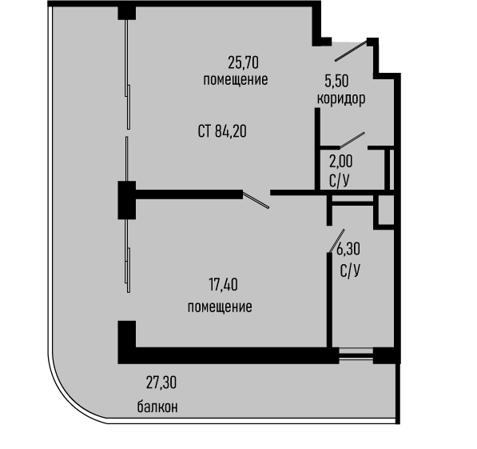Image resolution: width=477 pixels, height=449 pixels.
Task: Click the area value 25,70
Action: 243,62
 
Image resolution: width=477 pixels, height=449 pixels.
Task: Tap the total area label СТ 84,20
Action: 222,132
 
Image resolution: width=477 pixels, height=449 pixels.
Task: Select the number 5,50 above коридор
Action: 336,81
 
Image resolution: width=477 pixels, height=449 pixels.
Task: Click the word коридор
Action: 341,98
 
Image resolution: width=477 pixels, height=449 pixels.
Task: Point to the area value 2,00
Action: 340,162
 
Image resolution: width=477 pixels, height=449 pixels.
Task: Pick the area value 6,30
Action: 348,249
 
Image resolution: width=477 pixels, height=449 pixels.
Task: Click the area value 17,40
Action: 223,285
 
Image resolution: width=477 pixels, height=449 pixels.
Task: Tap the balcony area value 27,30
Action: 161,383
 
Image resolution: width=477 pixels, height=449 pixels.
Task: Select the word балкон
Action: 157,407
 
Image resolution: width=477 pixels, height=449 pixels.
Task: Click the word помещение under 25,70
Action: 236,80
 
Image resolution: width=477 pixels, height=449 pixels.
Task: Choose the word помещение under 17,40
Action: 220,307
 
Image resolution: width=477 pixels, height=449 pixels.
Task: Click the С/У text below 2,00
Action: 339,181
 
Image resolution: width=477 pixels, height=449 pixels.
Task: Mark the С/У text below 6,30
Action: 350,271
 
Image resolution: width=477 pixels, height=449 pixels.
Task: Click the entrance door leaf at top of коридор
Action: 352,51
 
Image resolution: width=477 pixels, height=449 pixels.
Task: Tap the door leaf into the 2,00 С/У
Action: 352,140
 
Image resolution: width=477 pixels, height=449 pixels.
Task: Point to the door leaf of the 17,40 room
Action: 256,200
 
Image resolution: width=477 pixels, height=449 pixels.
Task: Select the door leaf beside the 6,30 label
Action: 337,241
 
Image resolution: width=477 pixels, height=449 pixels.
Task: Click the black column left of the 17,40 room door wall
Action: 127,200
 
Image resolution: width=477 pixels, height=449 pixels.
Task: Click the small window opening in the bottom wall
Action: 356,355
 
